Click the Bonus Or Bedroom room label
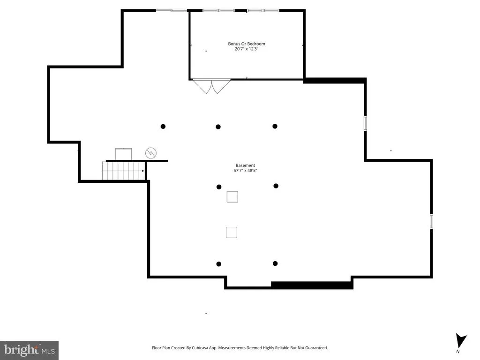(x=247, y=44)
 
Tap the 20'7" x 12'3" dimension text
(x=247, y=49)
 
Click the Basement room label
(x=245, y=165)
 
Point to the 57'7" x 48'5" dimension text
(x=245, y=171)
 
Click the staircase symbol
(x=123, y=171)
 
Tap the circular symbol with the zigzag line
(x=151, y=153)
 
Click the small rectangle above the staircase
(x=124, y=154)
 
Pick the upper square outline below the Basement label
(x=232, y=197)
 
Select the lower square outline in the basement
(x=232, y=232)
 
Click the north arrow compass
(x=461, y=341)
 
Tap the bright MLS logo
(x=29, y=350)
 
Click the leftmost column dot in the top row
(x=163, y=127)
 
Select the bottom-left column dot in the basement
(x=218, y=264)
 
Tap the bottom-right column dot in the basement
(x=275, y=263)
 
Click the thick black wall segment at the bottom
(x=312, y=285)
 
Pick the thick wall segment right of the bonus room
(x=335, y=81)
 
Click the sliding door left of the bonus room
(x=172, y=11)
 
